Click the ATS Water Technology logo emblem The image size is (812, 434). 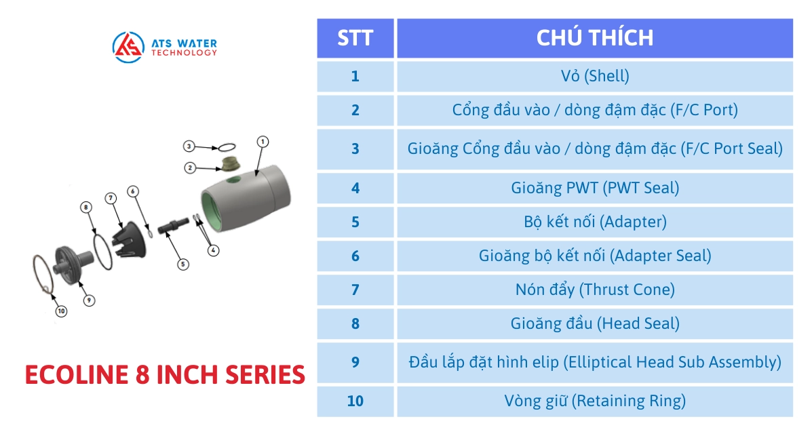pos(128,47)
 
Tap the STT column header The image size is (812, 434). pos(355,38)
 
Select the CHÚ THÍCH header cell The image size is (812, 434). pos(594,38)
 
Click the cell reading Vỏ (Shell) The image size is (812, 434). pos(594,76)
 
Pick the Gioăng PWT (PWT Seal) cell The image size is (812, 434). pos(594,188)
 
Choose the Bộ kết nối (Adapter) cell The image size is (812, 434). pos(594,222)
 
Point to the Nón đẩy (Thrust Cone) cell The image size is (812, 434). pos(594,290)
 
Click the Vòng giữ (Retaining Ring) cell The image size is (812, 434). pos(594,401)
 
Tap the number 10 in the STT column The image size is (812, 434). pos(355,401)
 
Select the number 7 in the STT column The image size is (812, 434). pos(355,290)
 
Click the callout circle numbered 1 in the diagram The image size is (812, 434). pos(263,141)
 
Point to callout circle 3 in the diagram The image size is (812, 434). pos(189,146)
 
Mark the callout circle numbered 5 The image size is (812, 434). pos(182,264)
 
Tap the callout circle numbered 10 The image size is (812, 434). pos(61,311)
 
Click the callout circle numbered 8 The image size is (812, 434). pos(86,208)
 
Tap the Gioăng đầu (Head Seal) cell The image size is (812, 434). pos(594,323)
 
